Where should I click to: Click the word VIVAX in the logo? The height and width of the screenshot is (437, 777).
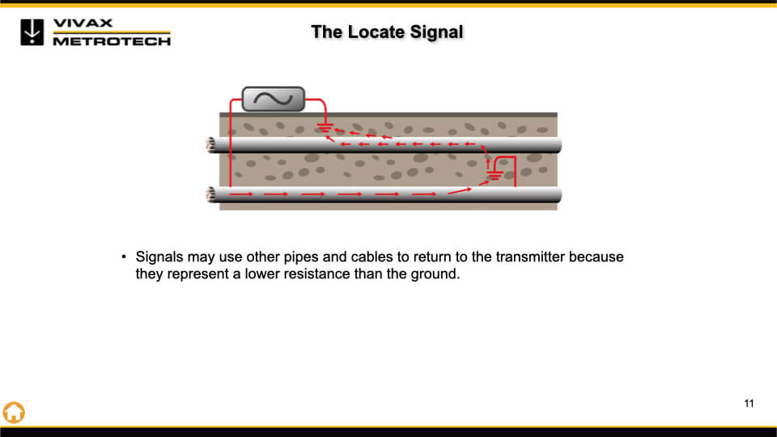(83, 23)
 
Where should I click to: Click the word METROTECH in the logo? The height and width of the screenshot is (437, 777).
(112, 41)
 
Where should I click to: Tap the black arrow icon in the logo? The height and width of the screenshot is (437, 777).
(32, 32)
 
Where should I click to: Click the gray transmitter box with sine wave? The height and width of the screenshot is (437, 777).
(273, 99)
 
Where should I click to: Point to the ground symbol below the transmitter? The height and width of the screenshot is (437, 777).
(325, 128)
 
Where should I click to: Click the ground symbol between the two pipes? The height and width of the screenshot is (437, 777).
(495, 175)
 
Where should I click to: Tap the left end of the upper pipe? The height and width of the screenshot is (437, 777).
(210, 145)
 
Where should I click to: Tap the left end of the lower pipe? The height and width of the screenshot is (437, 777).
(210, 194)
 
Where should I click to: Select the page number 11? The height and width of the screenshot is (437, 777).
(749, 404)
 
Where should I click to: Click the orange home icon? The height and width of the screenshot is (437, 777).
(14, 412)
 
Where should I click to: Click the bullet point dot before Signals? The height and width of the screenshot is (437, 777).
(124, 257)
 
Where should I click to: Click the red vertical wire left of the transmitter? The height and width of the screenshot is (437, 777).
(231, 144)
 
